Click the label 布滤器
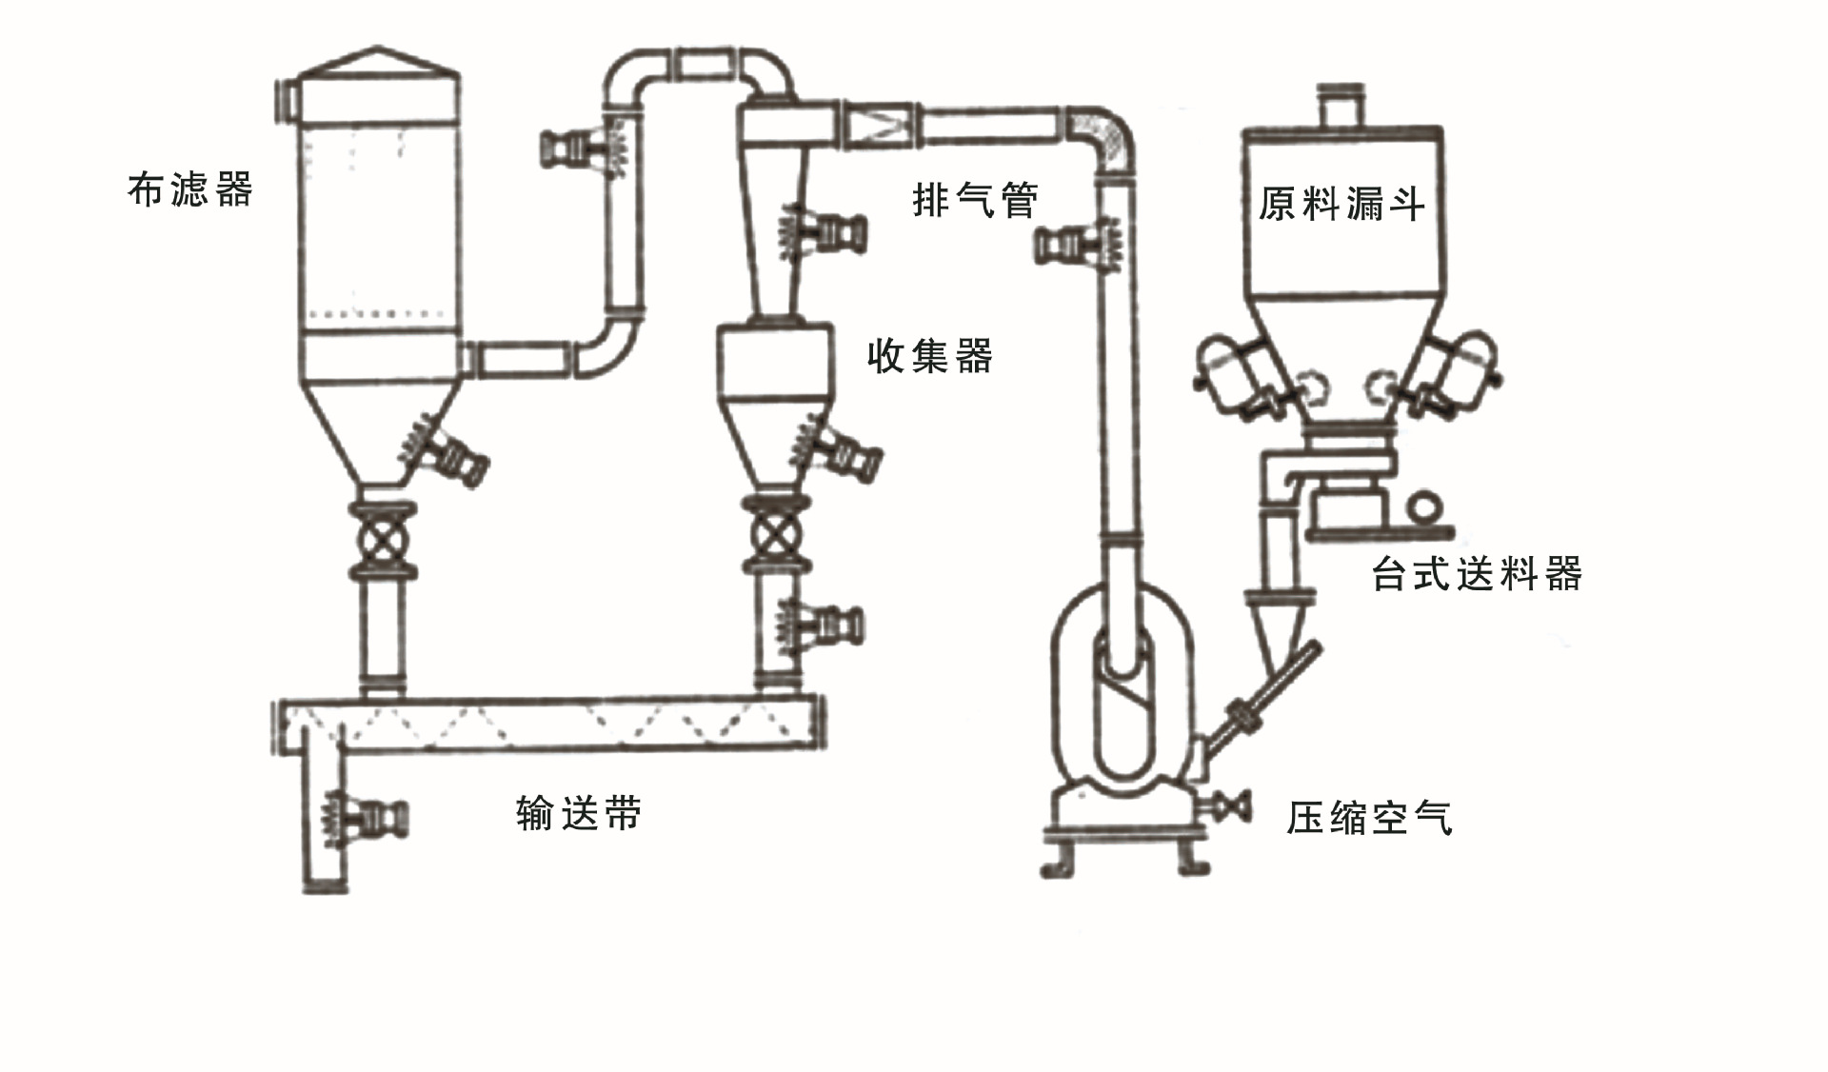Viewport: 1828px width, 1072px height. tap(190, 189)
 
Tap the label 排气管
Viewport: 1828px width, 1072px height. tap(975, 199)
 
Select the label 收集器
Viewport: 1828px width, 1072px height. tap(930, 356)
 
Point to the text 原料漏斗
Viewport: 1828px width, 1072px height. tap(1342, 204)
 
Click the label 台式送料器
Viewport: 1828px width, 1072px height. tap(1477, 574)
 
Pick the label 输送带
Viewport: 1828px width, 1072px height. tap(579, 814)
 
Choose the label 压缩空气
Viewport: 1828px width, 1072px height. tap(1369, 818)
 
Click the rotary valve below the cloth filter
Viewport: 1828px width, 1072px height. tap(383, 540)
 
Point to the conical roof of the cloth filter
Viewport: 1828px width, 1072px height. tap(379, 61)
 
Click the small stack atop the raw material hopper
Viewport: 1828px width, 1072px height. tap(1341, 106)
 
